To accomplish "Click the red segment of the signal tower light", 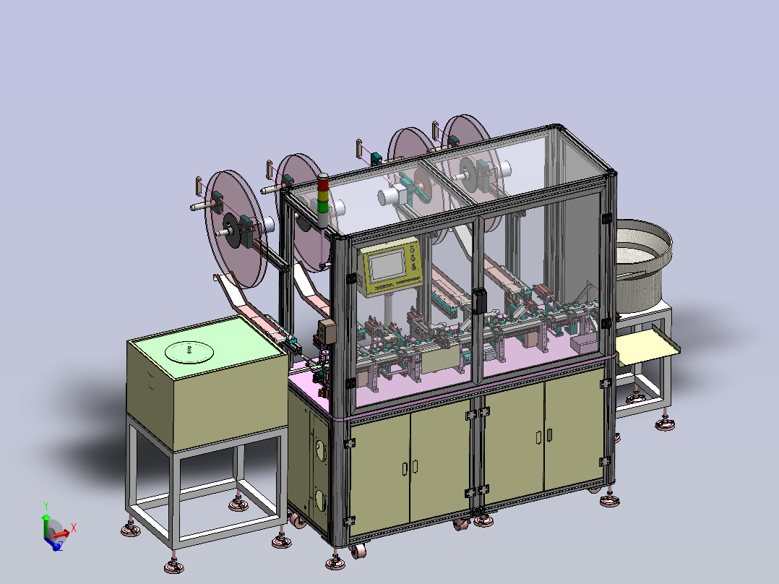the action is tap(324, 184).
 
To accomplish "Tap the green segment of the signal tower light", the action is tap(324, 206).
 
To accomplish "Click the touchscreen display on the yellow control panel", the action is tap(387, 265).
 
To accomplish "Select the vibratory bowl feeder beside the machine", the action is tap(644, 265).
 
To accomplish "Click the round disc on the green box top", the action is tap(189, 352).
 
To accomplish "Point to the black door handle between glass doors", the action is tap(479, 301).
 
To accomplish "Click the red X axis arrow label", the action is tap(74, 528).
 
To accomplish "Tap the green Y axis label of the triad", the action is tap(46, 506).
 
